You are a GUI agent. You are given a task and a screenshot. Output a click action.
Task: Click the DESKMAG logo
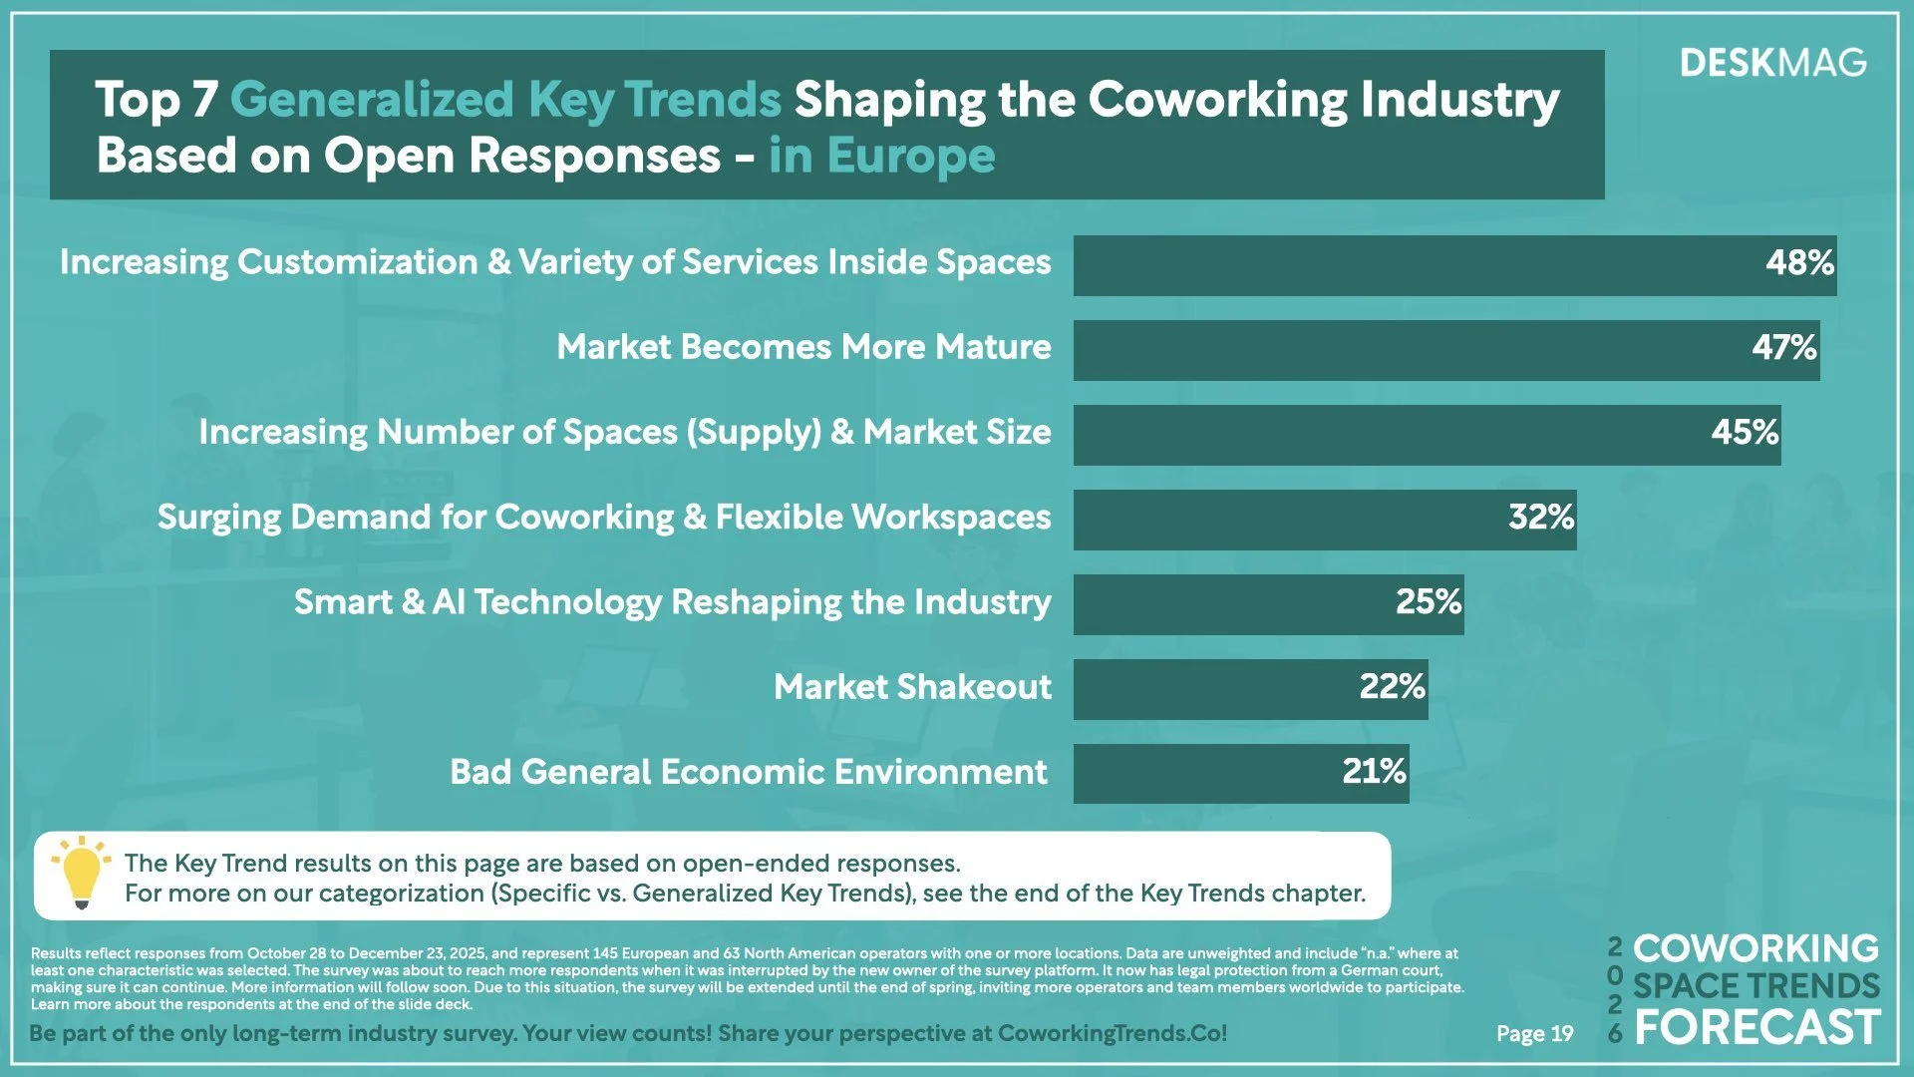[x=1772, y=63]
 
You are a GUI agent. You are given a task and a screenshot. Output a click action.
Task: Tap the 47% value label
[x=1783, y=348]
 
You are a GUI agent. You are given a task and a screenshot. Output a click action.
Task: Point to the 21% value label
[x=1374, y=772]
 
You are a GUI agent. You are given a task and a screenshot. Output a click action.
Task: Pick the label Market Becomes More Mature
[x=803, y=347]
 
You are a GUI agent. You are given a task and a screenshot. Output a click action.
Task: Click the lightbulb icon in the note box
[x=82, y=873]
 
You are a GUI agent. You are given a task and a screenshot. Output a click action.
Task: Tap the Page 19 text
[x=1534, y=1034]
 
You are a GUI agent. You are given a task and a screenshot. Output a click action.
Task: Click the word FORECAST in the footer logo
[x=1756, y=1028]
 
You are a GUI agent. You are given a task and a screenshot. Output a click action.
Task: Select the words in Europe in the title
[x=881, y=157]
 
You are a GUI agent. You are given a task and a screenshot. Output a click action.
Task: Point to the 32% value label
[x=1540, y=518]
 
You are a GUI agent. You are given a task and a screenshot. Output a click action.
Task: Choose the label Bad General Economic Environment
[x=748, y=772]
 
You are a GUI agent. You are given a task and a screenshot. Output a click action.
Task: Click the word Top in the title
[x=138, y=100]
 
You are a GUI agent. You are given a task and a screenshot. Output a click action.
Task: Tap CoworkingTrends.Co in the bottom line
[x=1112, y=1034]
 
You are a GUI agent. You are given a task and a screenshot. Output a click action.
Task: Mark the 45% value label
[x=1745, y=433]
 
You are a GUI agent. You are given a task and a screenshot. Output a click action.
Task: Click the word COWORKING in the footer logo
[x=1754, y=947]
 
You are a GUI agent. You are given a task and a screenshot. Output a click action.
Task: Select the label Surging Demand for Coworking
[x=603, y=518]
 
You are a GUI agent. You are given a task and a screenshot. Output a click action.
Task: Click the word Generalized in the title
[x=371, y=100]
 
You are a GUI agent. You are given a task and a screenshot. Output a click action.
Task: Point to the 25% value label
[x=1428, y=602]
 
